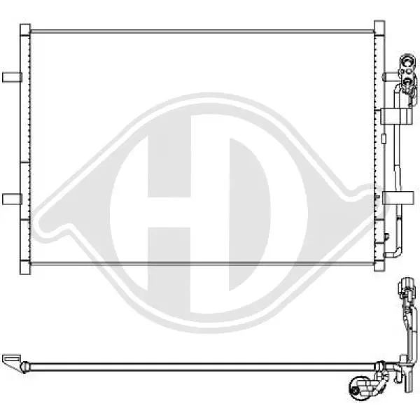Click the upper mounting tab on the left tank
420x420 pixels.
tap(12, 78)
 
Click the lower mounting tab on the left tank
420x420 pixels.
tap(12, 199)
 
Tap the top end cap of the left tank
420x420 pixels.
tap(25, 29)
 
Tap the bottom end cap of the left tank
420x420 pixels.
tap(25, 268)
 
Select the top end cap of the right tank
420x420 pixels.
tap(379, 27)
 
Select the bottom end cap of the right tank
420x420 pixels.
tap(379, 267)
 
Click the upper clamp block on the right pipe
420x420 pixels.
tap(396, 116)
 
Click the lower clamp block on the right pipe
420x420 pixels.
tap(398, 198)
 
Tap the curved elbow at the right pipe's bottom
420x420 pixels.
tap(393, 253)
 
